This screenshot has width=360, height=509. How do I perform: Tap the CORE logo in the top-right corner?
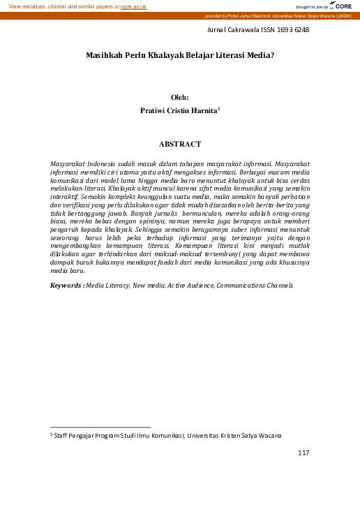pyautogui.click(x=343, y=6)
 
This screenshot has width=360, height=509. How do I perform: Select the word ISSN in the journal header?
pyautogui.click(x=268, y=30)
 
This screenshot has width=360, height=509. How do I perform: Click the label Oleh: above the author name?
pyautogui.click(x=180, y=98)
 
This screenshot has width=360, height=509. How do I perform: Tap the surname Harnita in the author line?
pyautogui.click(x=203, y=110)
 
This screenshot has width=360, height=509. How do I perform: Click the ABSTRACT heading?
pyautogui.click(x=180, y=144)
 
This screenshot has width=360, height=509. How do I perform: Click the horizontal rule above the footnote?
pyautogui.click(x=100, y=427)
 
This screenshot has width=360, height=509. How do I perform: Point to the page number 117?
pyautogui.click(x=303, y=453)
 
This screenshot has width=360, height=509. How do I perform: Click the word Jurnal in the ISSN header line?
pyautogui.click(x=219, y=30)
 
